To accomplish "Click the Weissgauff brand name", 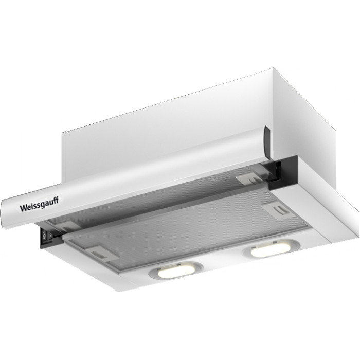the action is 39,204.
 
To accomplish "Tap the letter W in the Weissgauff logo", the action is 23,208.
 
